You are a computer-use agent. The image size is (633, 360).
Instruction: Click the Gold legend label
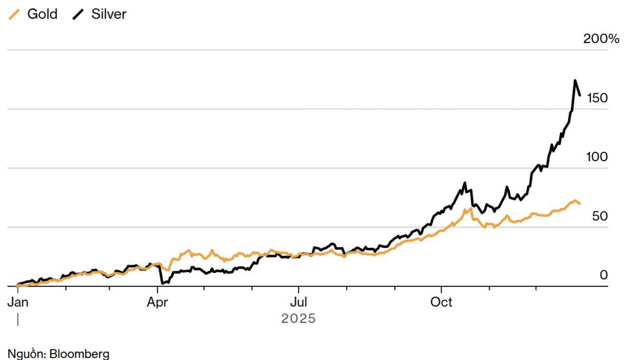(42, 14)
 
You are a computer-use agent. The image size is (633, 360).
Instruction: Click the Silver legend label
(109, 14)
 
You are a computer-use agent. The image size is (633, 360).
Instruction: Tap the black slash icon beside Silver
(79, 14)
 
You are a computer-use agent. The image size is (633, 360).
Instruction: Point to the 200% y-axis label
(601, 38)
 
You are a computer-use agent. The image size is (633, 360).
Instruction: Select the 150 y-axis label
(597, 98)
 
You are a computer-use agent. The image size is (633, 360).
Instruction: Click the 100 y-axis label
(597, 157)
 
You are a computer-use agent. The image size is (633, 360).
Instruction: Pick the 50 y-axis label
(600, 216)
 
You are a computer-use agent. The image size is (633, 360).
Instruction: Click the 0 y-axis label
(603, 275)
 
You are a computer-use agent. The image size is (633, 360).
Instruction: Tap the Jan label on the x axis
(17, 302)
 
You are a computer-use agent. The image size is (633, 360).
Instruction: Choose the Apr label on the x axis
(158, 302)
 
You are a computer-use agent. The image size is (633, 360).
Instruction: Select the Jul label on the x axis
(299, 302)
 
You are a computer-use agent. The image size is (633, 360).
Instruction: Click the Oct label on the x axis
(441, 302)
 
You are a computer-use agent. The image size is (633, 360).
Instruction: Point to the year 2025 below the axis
(299, 319)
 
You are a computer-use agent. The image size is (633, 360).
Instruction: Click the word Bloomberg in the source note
(79, 354)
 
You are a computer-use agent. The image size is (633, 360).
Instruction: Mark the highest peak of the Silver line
(575, 81)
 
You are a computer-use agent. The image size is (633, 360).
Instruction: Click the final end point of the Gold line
(580, 204)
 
